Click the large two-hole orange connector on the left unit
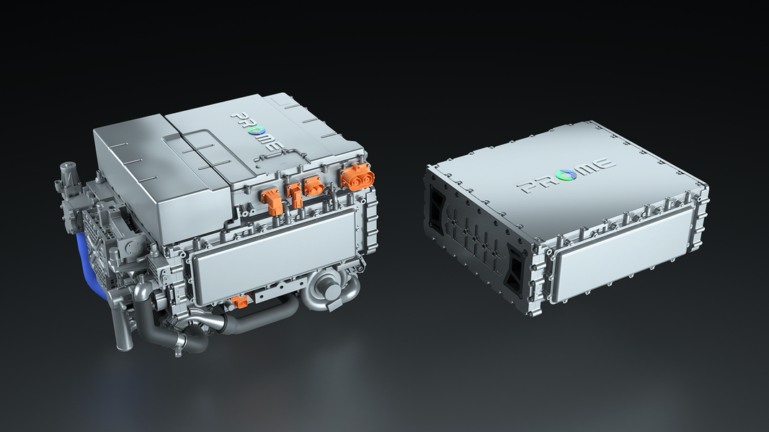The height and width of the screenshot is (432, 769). click(354, 175)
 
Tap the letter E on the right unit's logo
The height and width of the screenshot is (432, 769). click(601, 163)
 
